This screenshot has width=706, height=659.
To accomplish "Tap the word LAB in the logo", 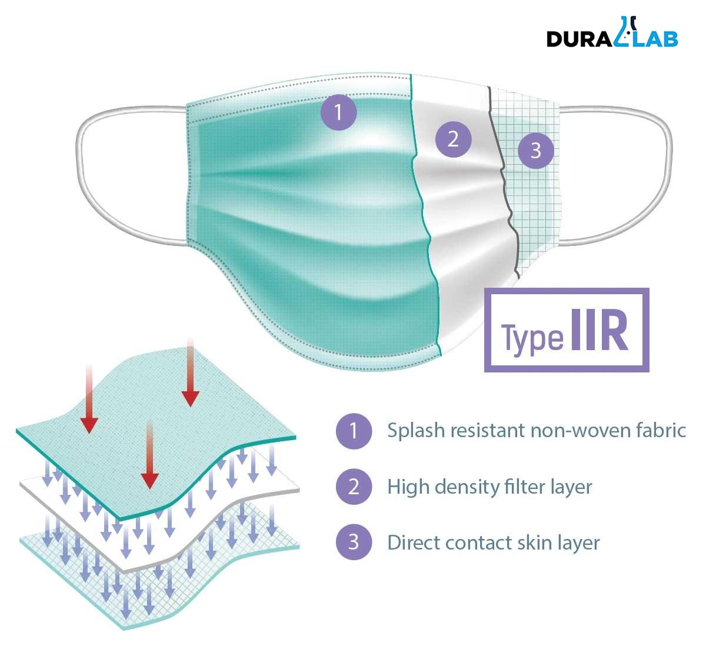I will tap(655, 38).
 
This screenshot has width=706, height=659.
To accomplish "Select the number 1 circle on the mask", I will tap(338, 112).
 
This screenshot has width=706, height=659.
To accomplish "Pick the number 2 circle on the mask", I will tap(453, 139).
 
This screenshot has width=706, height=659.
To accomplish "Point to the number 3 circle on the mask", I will tap(535, 151).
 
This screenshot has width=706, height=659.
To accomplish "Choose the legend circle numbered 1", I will tap(354, 431).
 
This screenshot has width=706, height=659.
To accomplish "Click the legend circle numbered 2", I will tap(354, 487).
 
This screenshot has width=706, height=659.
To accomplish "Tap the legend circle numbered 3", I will tap(354, 542).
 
